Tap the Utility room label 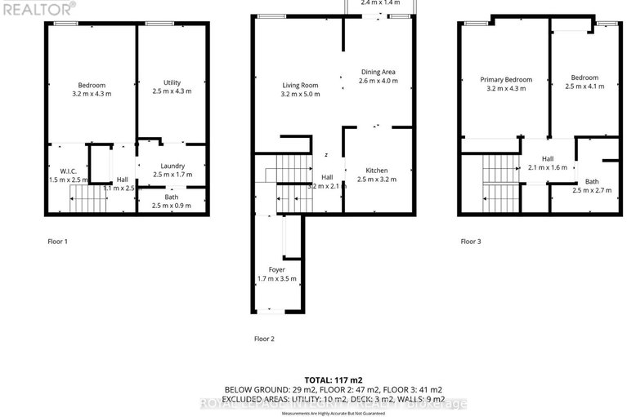pos(172,82)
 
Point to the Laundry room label pos(172,165)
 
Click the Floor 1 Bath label pos(172,196)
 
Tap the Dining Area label pos(378,72)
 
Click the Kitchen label pos(376,169)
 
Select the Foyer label pos(277,269)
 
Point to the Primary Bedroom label pos(506,79)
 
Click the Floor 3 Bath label pos(592,181)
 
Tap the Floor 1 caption pos(57,242)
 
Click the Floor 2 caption pos(265,338)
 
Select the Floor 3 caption pos(471,242)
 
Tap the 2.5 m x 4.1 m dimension pos(585,86)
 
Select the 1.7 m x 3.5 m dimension pos(277,279)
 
